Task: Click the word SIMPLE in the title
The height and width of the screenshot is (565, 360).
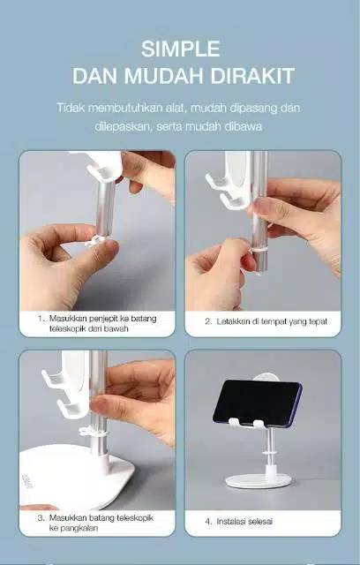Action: point(180,49)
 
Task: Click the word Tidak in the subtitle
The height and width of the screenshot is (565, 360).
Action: point(70,108)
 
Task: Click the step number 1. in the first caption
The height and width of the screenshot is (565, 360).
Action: point(42,319)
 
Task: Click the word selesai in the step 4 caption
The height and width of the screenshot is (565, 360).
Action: point(261,522)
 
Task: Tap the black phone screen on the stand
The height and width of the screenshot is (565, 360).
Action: point(257,403)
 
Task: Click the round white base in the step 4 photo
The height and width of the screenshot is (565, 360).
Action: point(259,480)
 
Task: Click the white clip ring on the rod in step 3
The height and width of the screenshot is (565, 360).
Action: point(93,431)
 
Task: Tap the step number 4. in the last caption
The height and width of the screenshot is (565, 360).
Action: point(208,522)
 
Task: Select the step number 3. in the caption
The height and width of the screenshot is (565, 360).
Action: point(41,518)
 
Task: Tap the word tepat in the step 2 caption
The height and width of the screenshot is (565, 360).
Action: point(319,321)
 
